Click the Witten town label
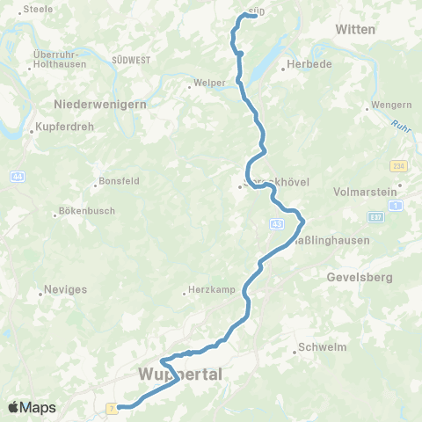coord(355,29)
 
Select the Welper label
coord(205,86)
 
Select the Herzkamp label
coord(208,292)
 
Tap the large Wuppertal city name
coord(181,375)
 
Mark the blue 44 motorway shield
coord(18,177)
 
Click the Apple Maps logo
coord(32,407)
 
